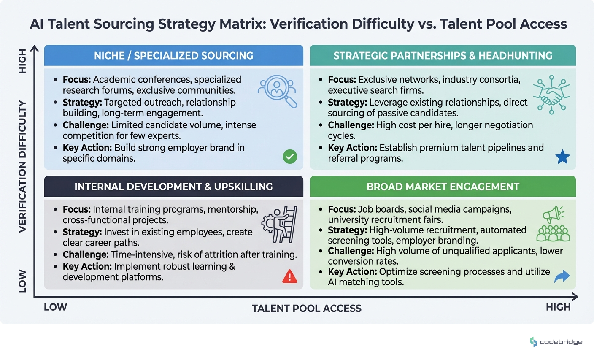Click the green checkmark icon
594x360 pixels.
click(290, 157)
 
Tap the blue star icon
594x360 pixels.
click(562, 157)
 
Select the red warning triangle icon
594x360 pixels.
click(289, 276)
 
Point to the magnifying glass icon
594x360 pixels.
click(278, 91)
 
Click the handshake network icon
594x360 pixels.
click(551, 95)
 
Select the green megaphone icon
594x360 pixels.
click(553, 215)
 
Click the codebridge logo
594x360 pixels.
click(556, 342)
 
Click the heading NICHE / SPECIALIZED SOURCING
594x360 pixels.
click(173, 56)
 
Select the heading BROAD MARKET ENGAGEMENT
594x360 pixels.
click(443, 187)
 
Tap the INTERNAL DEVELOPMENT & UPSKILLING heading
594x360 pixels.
click(173, 187)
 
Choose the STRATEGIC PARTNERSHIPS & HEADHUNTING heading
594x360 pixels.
click(443, 56)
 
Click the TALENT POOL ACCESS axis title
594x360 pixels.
click(307, 309)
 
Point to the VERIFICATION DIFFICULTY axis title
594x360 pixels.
click(22, 166)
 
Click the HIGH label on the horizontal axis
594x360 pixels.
click(558, 307)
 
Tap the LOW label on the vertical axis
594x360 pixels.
click(22, 281)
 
